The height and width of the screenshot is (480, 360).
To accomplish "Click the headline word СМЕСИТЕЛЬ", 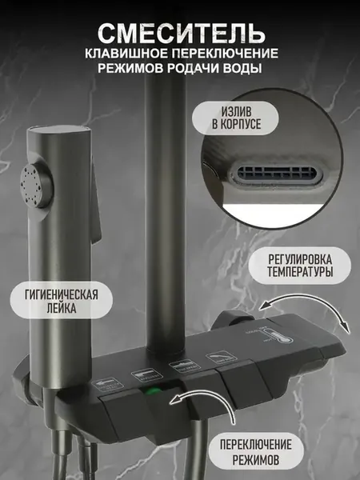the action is (x=182, y=34).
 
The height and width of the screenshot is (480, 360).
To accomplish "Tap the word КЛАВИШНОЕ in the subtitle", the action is (x=126, y=53).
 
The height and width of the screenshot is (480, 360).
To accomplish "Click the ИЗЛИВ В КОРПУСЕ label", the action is (x=236, y=118).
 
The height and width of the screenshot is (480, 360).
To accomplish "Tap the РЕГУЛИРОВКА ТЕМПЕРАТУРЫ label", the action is (x=300, y=266).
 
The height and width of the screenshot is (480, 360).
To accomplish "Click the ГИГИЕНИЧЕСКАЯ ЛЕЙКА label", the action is (x=62, y=301).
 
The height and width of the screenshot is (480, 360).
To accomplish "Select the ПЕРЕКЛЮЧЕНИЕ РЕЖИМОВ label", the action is (x=256, y=452).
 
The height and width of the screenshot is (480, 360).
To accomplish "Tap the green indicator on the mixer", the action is (x=151, y=390).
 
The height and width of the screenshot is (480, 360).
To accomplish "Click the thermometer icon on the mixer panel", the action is (x=279, y=337).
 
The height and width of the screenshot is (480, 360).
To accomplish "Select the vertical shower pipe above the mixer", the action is (x=166, y=214).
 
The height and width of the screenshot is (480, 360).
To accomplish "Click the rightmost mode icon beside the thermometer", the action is (x=222, y=358).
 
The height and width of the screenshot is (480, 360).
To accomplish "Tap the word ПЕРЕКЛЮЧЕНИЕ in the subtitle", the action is (x=224, y=53).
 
